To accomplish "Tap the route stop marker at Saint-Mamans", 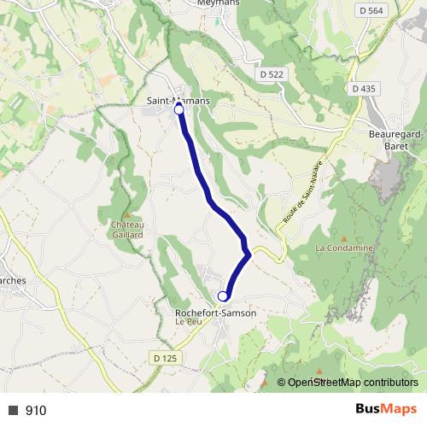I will click(x=179, y=110).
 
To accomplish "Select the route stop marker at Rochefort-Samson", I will click(x=223, y=296).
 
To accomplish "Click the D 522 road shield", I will click(x=271, y=75).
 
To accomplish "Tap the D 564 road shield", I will click(x=370, y=10).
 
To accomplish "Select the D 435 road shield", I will click(x=363, y=89).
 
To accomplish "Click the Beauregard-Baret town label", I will click(x=396, y=140).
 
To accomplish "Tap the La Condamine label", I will click(x=344, y=249).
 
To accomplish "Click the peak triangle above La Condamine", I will click(x=344, y=238).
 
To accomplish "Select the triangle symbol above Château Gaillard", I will click(x=126, y=215).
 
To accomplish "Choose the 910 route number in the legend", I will click(x=36, y=411).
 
